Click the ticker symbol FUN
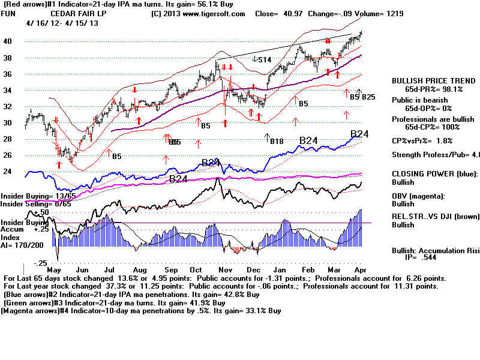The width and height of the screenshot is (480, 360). coord(9,14)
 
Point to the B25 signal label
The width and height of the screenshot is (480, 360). coord(368,97)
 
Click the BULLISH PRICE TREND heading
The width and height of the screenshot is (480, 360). coord(428,80)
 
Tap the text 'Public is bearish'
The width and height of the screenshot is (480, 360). coord(419,100)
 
